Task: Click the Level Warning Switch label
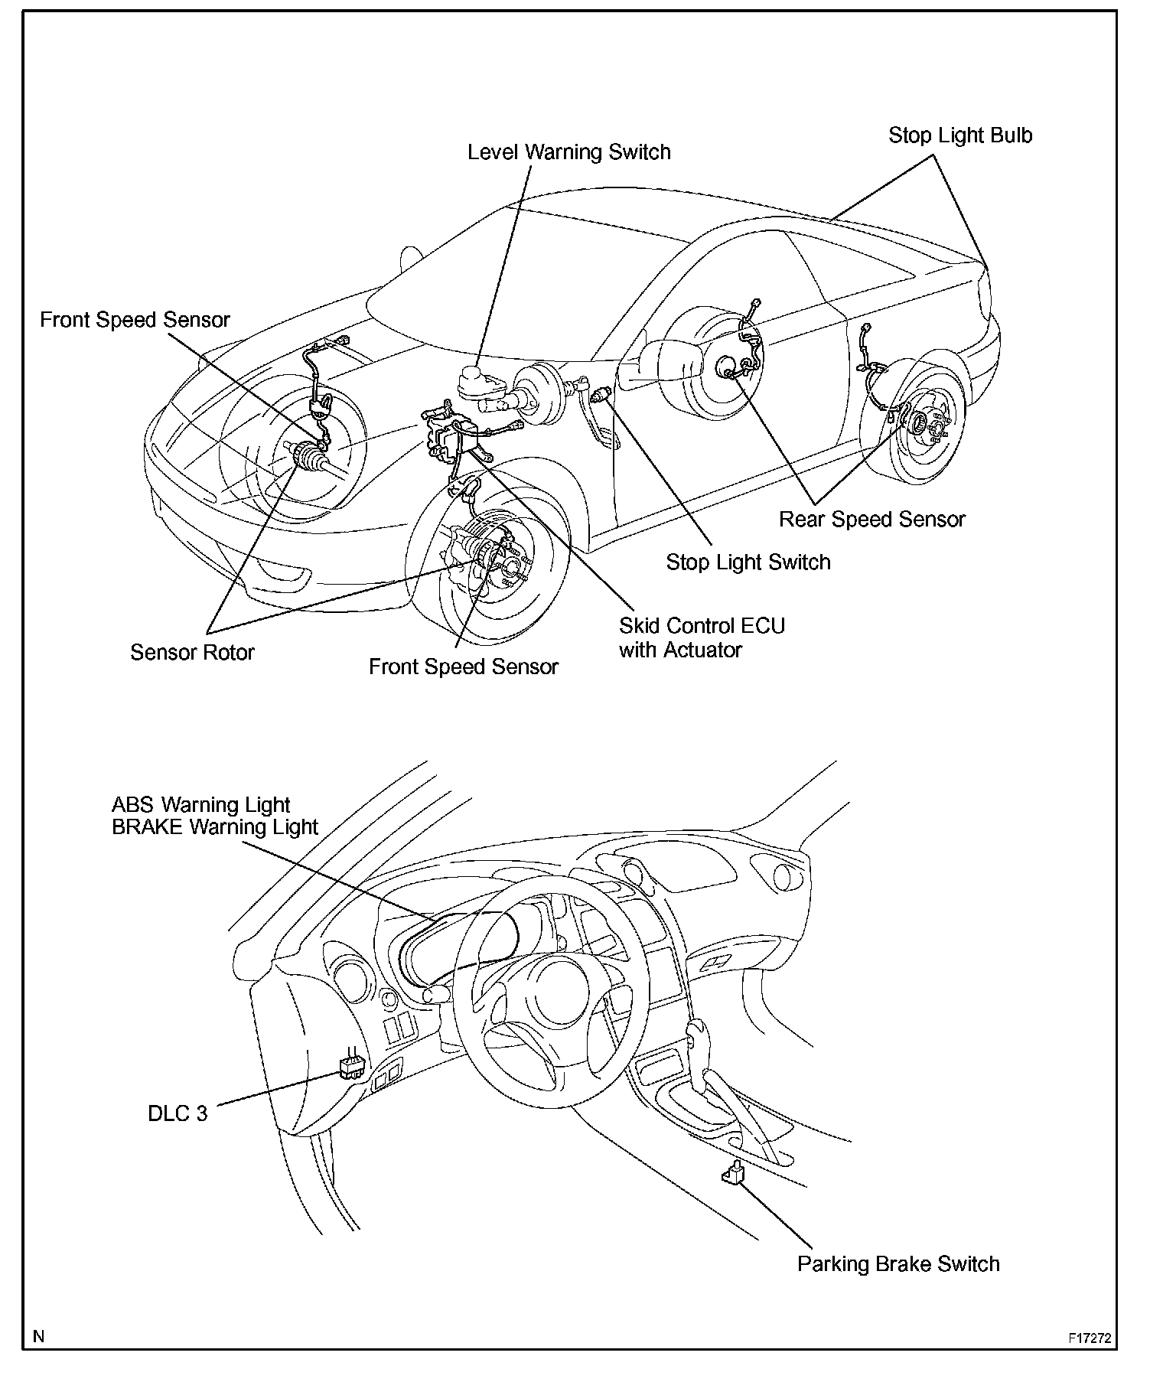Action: pyautogui.click(x=568, y=152)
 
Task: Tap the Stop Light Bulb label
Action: pyautogui.click(x=959, y=136)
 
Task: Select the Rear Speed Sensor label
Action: pyautogui.click(x=871, y=520)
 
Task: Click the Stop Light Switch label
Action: pyautogui.click(x=748, y=562)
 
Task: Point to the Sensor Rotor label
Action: pyautogui.click(x=191, y=653)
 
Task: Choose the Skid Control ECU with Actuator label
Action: pyautogui.click(x=701, y=637)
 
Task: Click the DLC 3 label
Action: pyautogui.click(x=177, y=1113)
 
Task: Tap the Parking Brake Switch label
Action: pyautogui.click(x=897, y=1263)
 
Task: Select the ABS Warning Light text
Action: pyautogui.click(x=200, y=805)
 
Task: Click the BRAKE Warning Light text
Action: pyautogui.click(x=214, y=827)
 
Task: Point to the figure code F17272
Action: pyautogui.click(x=1089, y=1338)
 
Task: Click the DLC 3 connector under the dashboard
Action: pyautogui.click(x=350, y=1067)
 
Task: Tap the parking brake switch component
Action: pyautogui.click(x=733, y=1173)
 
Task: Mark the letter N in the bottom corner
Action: pyautogui.click(x=39, y=1337)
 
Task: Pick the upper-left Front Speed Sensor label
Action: pyautogui.click(x=135, y=320)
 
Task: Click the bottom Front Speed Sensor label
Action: pyautogui.click(x=463, y=667)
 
